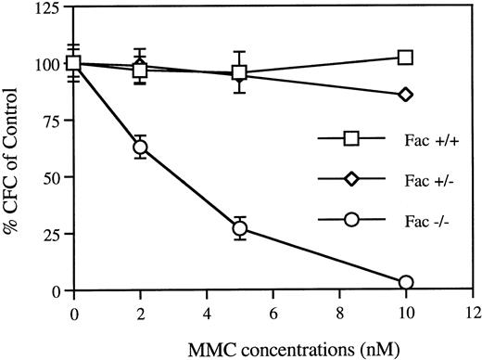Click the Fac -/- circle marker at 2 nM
(140, 147)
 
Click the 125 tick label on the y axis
(45, 10)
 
